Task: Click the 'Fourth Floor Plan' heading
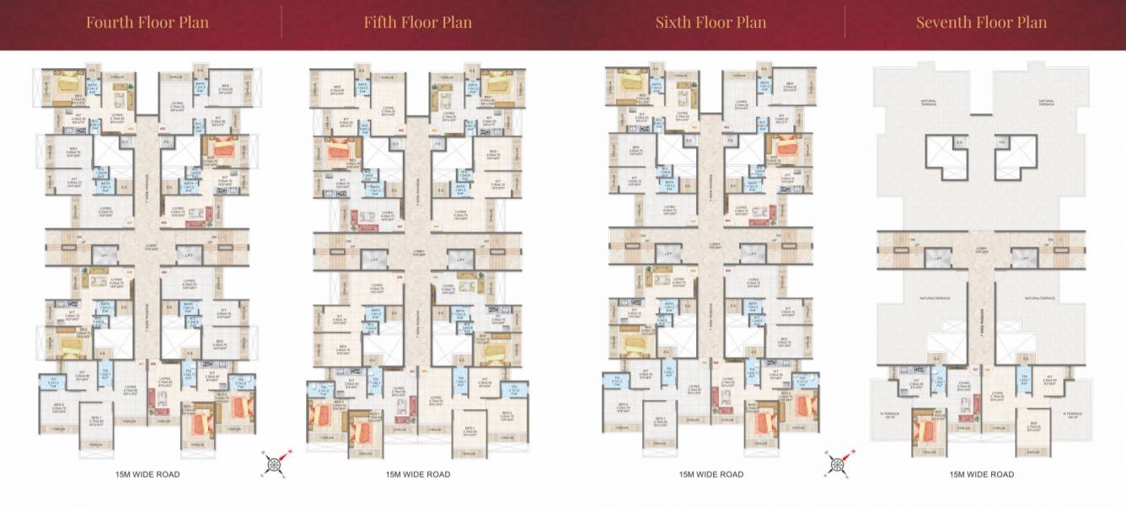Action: click(147, 22)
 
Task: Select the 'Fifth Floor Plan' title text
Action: click(418, 22)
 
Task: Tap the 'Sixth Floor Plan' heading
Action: click(711, 22)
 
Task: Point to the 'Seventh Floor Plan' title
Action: click(982, 22)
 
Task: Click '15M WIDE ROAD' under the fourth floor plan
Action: click(147, 474)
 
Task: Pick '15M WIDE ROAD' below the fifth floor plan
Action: click(418, 474)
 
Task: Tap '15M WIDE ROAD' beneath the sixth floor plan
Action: click(711, 474)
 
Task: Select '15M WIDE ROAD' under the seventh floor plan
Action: click(982, 474)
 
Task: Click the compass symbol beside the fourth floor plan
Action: click(276, 462)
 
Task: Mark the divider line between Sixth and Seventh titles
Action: click(845, 22)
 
